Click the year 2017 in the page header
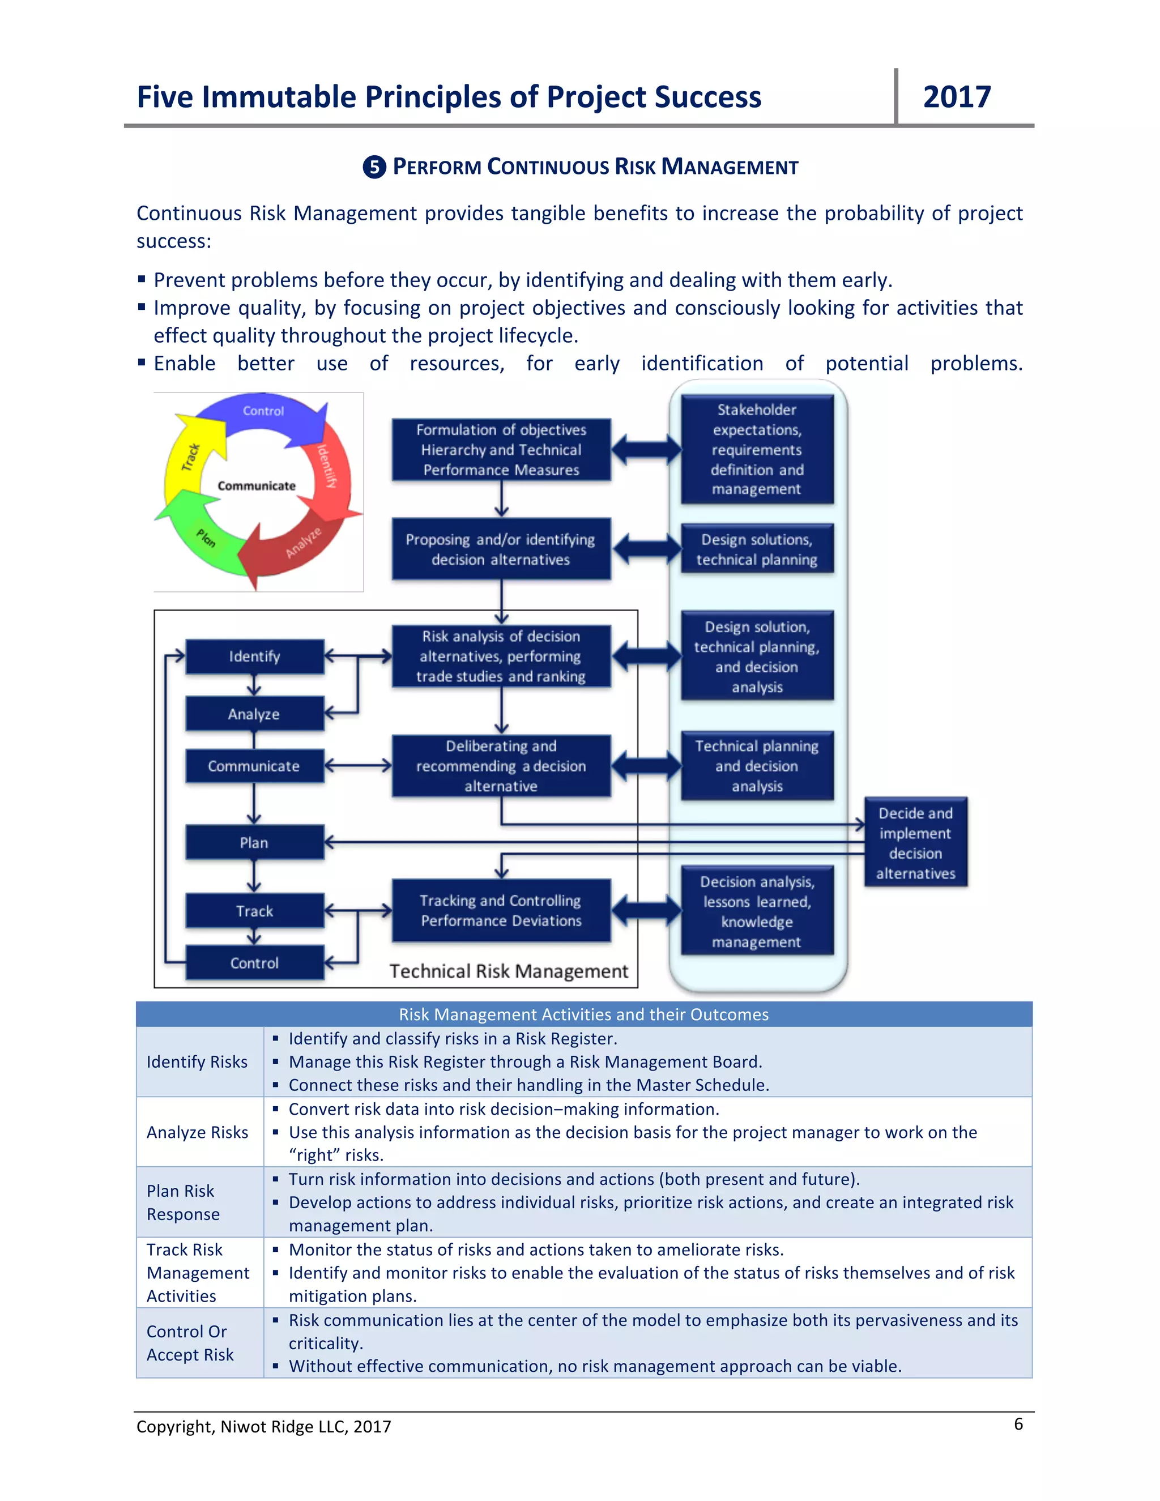click(x=957, y=97)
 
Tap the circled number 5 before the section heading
click(x=374, y=167)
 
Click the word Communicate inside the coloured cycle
click(x=257, y=486)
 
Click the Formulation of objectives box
click(x=501, y=450)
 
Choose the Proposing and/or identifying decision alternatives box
click(x=501, y=549)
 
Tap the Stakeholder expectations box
click(x=757, y=450)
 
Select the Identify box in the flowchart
click(x=254, y=656)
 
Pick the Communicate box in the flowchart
click(x=254, y=766)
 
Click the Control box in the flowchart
click(x=254, y=963)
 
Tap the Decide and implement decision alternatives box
click(x=915, y=843)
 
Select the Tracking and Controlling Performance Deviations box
click(x=501, y=911)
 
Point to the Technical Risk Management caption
click(x=509, y=971)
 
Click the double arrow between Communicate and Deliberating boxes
click(x=358, y=766)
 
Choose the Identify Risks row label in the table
click(x=197, y=1062)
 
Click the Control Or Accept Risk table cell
click(x=190, y=1343)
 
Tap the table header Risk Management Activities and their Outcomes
click(x=583, y=1014)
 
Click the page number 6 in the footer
click(x=1018, y=1423)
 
